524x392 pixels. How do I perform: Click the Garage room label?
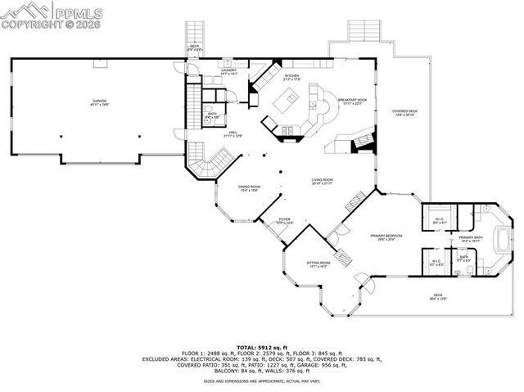[99, 103]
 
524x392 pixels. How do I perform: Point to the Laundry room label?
[228, 72]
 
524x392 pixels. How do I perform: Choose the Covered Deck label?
[404, 113]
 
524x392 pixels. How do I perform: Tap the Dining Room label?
[249, 188]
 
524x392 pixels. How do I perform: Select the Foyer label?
[284, 222]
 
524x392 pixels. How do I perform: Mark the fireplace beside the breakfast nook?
[358, 146]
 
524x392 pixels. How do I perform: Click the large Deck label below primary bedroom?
[439, 296]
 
